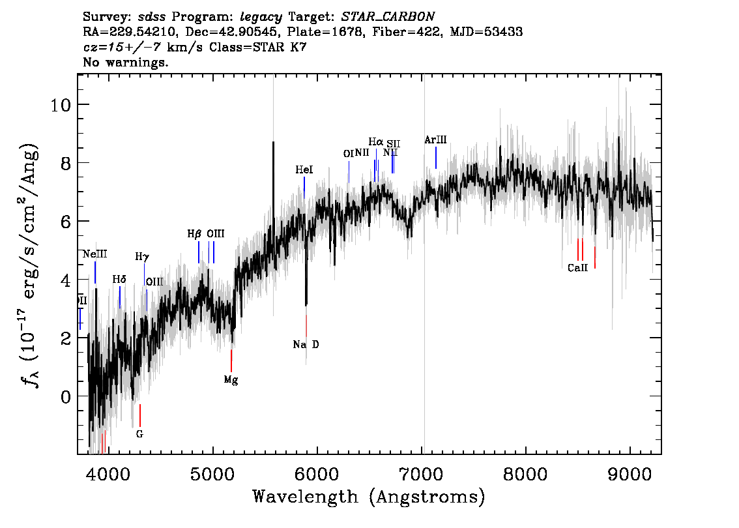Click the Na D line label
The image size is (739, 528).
pos(306,345)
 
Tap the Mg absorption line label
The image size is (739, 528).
pos(231,380)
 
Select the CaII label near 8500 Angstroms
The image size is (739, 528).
pos(577,268)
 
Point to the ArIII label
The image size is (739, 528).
pos(435,139)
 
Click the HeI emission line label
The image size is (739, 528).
pos(304,170)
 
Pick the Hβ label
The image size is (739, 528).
pos(194,234)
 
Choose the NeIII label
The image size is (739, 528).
pos(95,254)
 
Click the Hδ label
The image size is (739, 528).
pos(119,280)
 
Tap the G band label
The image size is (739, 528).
pos(139,433)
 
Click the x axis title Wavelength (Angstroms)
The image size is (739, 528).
pos(369,497)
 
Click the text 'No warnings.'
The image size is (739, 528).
pos(126,63)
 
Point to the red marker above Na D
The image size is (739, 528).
pos(306,325)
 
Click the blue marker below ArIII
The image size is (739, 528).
pos(436,158)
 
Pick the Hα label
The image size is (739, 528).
pos(376,141)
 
